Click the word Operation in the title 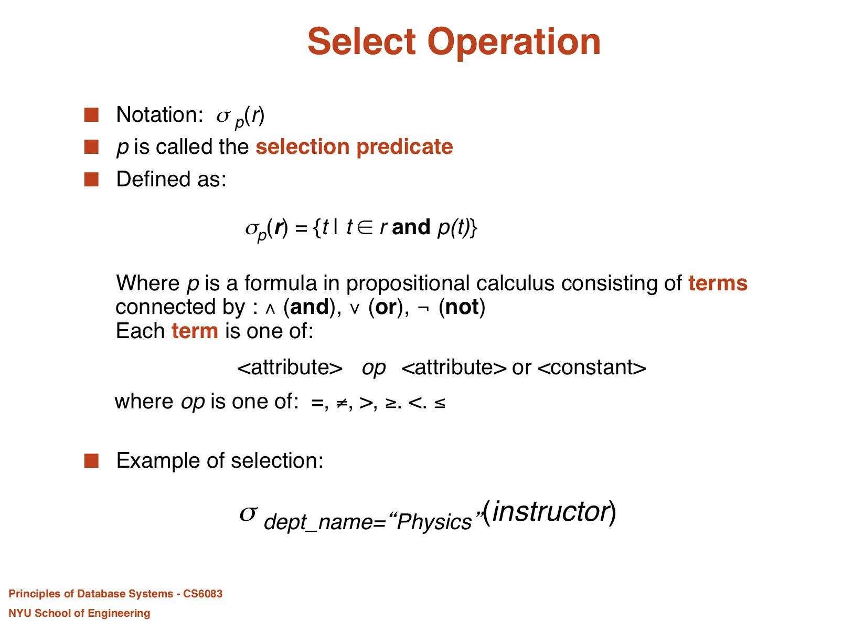tap(514, 44)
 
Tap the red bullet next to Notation tap(91, 114)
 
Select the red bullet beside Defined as tap(91, 179)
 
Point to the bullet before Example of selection tap(91, 460)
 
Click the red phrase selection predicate tap(354, 148)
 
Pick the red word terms tap(718, 283)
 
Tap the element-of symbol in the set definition tap(365, 227)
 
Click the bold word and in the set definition tap(411, 227)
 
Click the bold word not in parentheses tap(462, 307)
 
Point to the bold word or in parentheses tap(386, 308)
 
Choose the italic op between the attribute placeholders tap(374, 369)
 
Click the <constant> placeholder tap(591, 367)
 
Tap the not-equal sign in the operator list tap(342, 404)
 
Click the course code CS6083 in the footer tap(202, 594)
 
